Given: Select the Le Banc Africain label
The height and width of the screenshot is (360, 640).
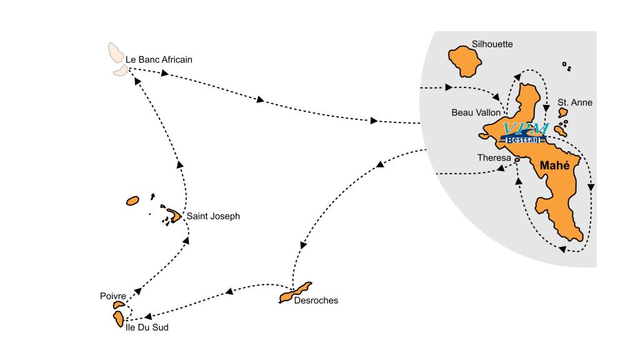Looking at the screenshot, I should [x=159, y=60].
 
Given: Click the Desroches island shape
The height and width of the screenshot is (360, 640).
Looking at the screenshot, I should [x=295, y=292].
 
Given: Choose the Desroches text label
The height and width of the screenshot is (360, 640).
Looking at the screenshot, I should [x=316, y=301].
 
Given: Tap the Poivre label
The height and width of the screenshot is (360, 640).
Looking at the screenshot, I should [x=112, y=296].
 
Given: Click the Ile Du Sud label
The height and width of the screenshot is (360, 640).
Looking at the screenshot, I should [x=147, y=327].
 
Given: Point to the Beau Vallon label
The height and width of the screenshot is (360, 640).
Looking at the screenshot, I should [x=476, y=112].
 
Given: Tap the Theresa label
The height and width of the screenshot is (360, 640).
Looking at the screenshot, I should [x=494, y=158].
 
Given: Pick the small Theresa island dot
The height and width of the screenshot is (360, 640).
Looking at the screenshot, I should [x=517, y=160].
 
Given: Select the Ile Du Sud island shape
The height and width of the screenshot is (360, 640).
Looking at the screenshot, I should [x=117, y=318].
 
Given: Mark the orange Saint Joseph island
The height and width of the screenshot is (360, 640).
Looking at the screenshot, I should [x=173, y=215].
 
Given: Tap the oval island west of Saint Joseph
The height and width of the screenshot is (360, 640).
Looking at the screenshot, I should [x=132, y=201].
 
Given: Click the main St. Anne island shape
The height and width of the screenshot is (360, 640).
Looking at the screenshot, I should [x=562, y=113].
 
